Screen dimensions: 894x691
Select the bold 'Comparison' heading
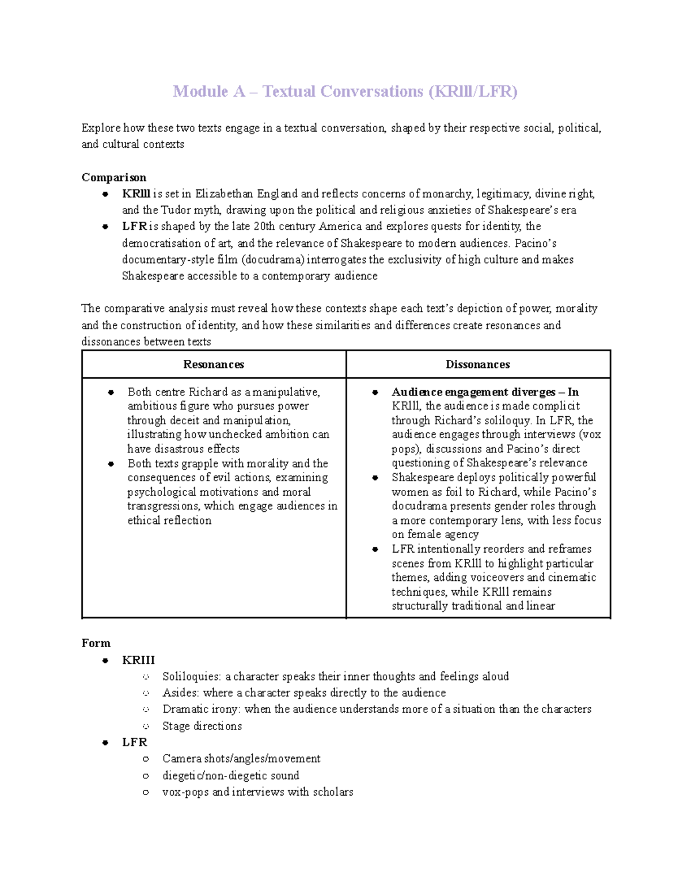pyautogui.click(x=113, y=177)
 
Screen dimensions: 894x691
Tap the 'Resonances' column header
pyautogui.click(x=213, y=364)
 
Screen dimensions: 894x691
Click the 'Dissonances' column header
pyautogui.click(x=477, y=364)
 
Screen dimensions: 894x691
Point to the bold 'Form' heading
pyautogui.click(x=96, y=643)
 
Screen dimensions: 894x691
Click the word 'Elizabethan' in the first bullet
pyautogui.click(x=224, y=194)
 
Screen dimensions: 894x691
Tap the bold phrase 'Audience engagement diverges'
pyautogui.click(x=473, y=392)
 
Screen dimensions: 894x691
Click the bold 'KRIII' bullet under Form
pyautogui.click(x=138, y=660)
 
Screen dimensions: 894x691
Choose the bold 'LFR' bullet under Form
pyautogui.click(x=134, y=742)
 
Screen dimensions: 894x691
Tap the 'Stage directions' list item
pyautogui.click(x=202, y=726)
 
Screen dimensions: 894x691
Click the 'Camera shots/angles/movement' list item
pyautogui.click(x=241, y=759)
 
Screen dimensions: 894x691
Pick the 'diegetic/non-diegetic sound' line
pyautogui.click(x=230, y=775)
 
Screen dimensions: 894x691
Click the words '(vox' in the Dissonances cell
pyautogui.click(x=589, y=435)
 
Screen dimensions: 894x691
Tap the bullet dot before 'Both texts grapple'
pyautogui.click(x=111, y=464)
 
